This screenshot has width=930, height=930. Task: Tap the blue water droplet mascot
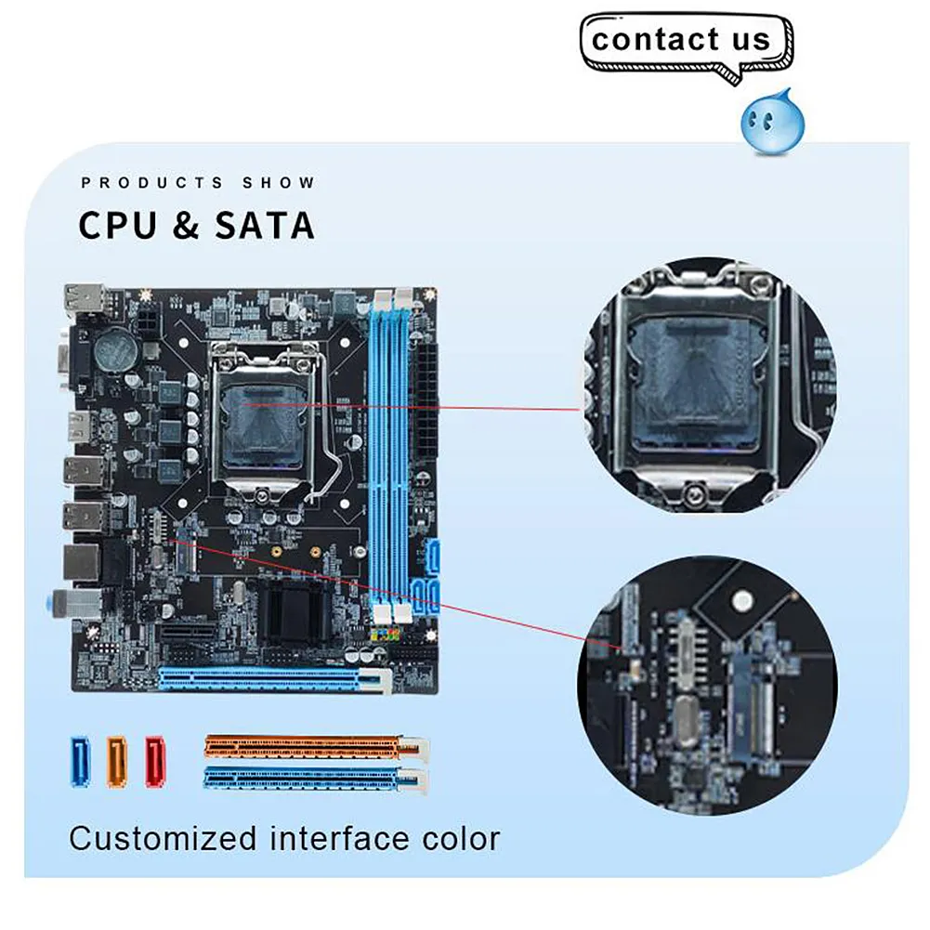click(767, 118)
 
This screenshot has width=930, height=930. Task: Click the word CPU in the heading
click(118, 226)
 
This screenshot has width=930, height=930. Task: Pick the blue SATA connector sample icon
click(82, 761)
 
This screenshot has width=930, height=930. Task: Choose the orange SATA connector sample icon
click(117, 761)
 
